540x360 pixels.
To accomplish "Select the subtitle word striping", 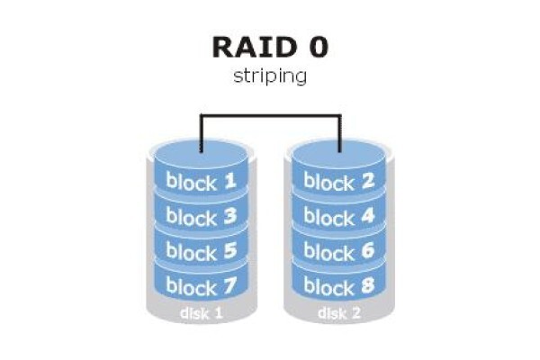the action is [x=270, y=76].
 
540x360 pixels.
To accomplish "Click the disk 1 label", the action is [x=202, y=313].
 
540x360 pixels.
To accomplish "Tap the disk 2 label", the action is [x=339, y=313].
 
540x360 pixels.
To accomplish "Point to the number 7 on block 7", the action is [x=230, y=285].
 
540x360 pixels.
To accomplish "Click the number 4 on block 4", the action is [x=368, y=216].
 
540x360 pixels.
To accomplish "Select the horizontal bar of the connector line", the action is [x=271, y=115].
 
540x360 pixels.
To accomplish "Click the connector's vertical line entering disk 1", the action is [x=202, y=133].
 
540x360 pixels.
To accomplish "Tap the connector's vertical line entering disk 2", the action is [x=340, y=133].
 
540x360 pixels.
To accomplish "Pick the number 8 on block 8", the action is [x=368, y=285].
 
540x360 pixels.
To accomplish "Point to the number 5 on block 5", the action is [x=230, y=250].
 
